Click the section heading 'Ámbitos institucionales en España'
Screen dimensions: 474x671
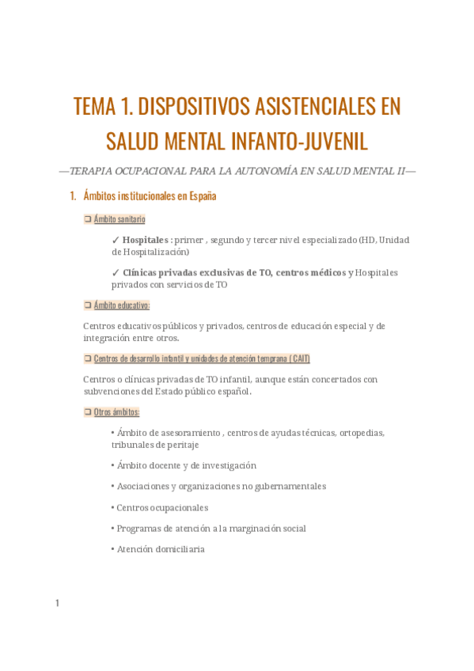pos(150,195)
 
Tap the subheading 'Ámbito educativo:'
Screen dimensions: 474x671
pos(121,305)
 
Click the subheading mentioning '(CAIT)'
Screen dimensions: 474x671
pos(201,358)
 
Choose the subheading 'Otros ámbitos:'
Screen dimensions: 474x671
pos(116,412)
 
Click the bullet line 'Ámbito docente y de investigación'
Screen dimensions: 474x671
pos(186,466)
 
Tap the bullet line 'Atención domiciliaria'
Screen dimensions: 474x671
pos(160,548)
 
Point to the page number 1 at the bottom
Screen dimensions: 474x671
pos(57,604)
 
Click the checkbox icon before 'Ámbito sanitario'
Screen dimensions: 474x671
pos(88,219)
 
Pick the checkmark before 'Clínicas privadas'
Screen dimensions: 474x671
pos(116,273)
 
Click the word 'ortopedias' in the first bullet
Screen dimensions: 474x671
pos(362,433)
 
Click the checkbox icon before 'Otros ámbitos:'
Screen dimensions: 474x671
pos(88,412)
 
